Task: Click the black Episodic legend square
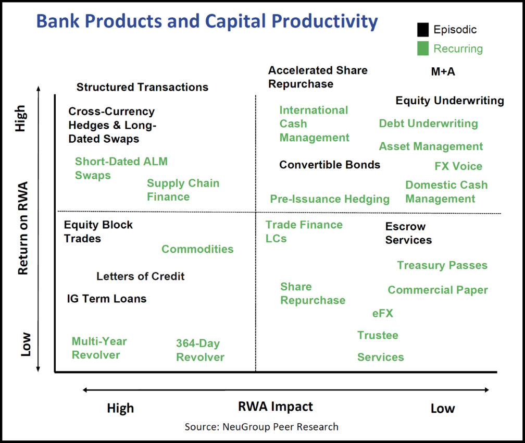[423, 30]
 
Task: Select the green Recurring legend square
[423, 48]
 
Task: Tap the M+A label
[443, 71]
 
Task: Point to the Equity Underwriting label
[449, 101]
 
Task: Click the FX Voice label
[458, 166]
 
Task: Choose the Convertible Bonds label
[330, 165]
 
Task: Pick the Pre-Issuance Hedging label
[330, 199]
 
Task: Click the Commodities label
[197, 249]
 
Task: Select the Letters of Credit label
[140, 276]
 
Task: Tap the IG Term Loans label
[107, 299]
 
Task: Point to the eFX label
[383, 313]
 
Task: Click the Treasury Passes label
[442, 265]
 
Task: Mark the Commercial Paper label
[438, 290]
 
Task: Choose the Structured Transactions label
[142, 87]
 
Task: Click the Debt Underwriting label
[428, 124]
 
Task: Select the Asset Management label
[431, 146]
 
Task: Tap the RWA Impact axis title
[275, 407]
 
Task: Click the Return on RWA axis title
[23, 228]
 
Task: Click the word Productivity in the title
[325, 21]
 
